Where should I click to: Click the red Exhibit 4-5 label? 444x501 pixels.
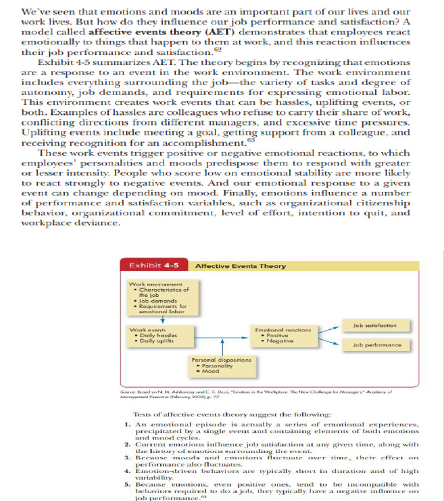point(154,266)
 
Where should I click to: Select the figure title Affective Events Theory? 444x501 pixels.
point(240,266)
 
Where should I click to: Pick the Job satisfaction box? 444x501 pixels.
point(374,326)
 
